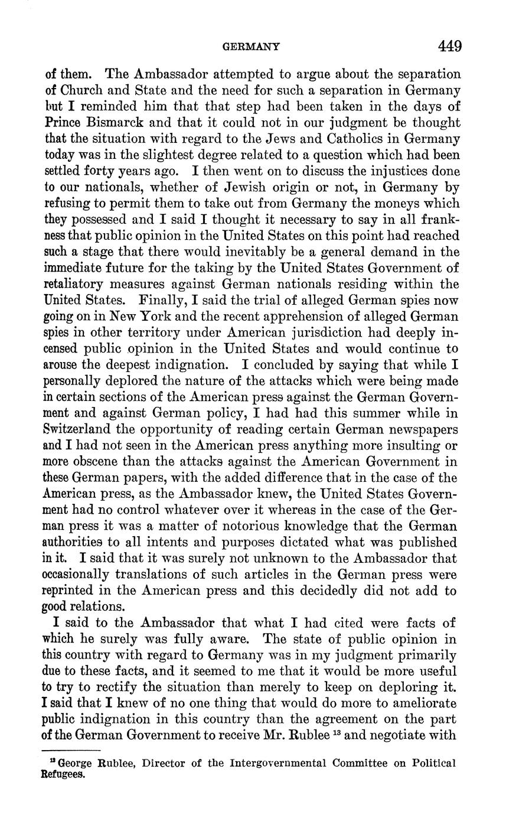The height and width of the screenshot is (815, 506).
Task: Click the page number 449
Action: (x=449, y=46)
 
